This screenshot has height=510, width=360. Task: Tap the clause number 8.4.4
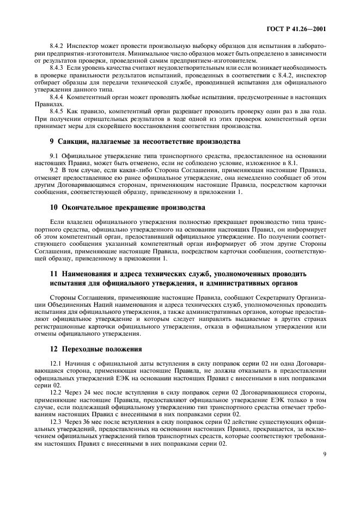coord(57,96)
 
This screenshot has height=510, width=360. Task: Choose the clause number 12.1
coord(56,363)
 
